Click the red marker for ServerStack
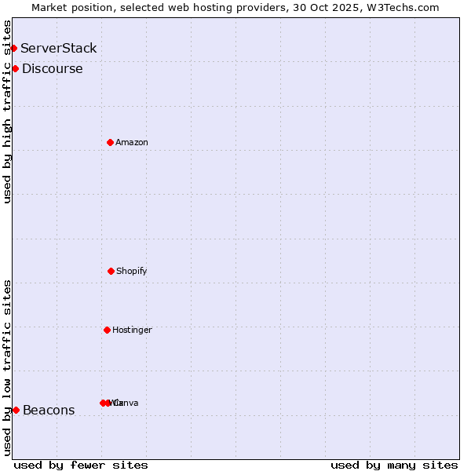coord(13,49)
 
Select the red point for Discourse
coord(15,69)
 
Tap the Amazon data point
coord(110,142)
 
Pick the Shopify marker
coord(111,271)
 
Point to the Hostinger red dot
coord(107,330)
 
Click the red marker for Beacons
coord(16,410)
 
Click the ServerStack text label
coord(59,49)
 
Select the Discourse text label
coord(53,69)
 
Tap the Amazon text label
coord(132,142)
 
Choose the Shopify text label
coord(132,271)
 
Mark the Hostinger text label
coord(132,330)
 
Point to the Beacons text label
coord(49,410)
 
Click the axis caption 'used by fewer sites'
coord(81,465)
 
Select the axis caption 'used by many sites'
coord(394,465)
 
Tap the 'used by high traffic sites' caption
coord(7,111)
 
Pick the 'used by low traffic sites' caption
coord(7,367)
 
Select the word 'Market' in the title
coord(50,7)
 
